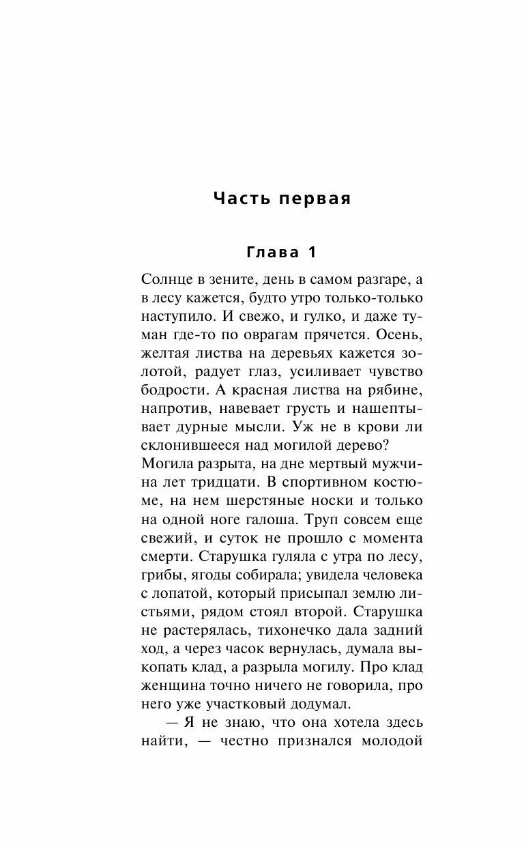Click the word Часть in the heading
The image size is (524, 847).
pyautogui.click(x=243, y=199)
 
